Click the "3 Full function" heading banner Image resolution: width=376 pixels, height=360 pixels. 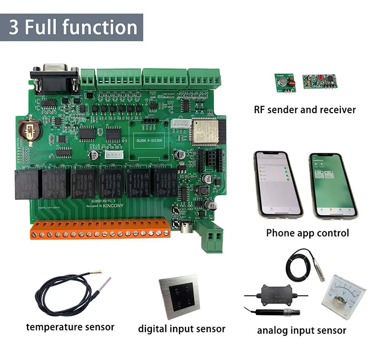coord(72,27)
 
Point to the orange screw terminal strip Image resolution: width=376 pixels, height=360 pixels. coord(100,229)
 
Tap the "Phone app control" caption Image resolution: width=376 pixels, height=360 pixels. coord(307,233)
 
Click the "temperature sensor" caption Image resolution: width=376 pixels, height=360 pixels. coord(70,327)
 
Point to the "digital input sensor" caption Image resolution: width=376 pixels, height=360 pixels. coord(181,329)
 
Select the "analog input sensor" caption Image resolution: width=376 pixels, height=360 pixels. coord(301,330)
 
